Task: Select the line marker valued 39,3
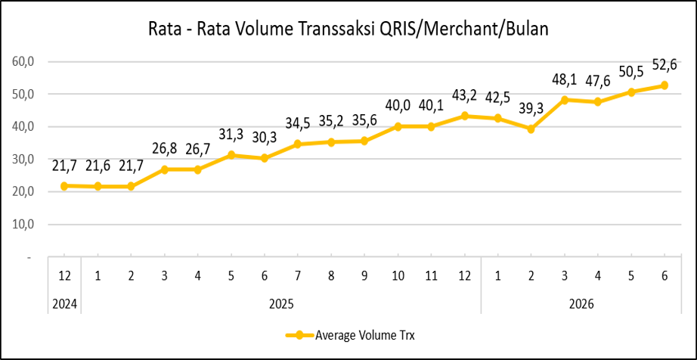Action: [531, 129]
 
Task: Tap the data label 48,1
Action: [564, 79]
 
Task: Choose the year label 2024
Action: [64, 305]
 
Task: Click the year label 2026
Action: [581, 305]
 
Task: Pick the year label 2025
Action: [281, 305]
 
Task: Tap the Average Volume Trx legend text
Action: [364, 336]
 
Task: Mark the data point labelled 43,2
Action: [464, 116]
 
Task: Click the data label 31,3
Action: [231, 134]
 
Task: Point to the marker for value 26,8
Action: [165, 169]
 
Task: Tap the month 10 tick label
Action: [398, 276]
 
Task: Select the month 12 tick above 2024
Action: [64, 276]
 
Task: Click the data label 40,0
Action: [398, 107]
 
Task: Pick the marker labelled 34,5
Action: [298, 144]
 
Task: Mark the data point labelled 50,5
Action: [630, 92]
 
